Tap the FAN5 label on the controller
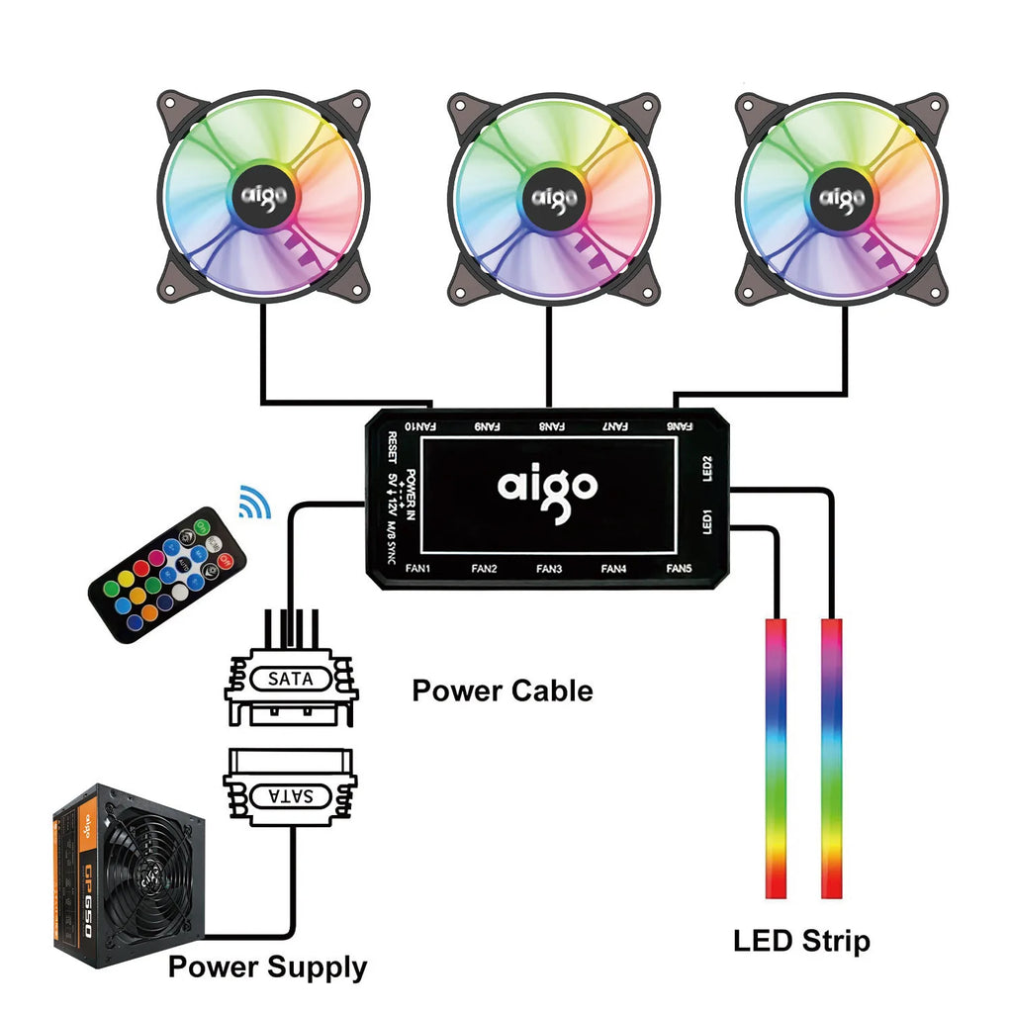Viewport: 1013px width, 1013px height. (x=679, y=569)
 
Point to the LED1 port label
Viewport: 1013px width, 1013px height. (x=706, y=522)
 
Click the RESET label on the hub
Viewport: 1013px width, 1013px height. (x=393, y=447)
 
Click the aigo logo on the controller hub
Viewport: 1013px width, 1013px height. (x=547, y=486)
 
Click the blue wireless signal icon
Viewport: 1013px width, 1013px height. (x=255, y=503)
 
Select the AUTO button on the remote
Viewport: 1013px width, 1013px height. (x=210, y=571)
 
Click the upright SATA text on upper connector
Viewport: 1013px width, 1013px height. (x=290, y=680)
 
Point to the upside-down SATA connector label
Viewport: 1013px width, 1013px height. (x=290, y=794)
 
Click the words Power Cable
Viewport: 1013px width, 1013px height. (x=502, y=691)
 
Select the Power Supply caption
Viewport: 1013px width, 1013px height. (x=267, y=967)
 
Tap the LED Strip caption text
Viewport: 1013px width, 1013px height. (x=801, y=940)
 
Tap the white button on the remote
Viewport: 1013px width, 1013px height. (x=179, y=592)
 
